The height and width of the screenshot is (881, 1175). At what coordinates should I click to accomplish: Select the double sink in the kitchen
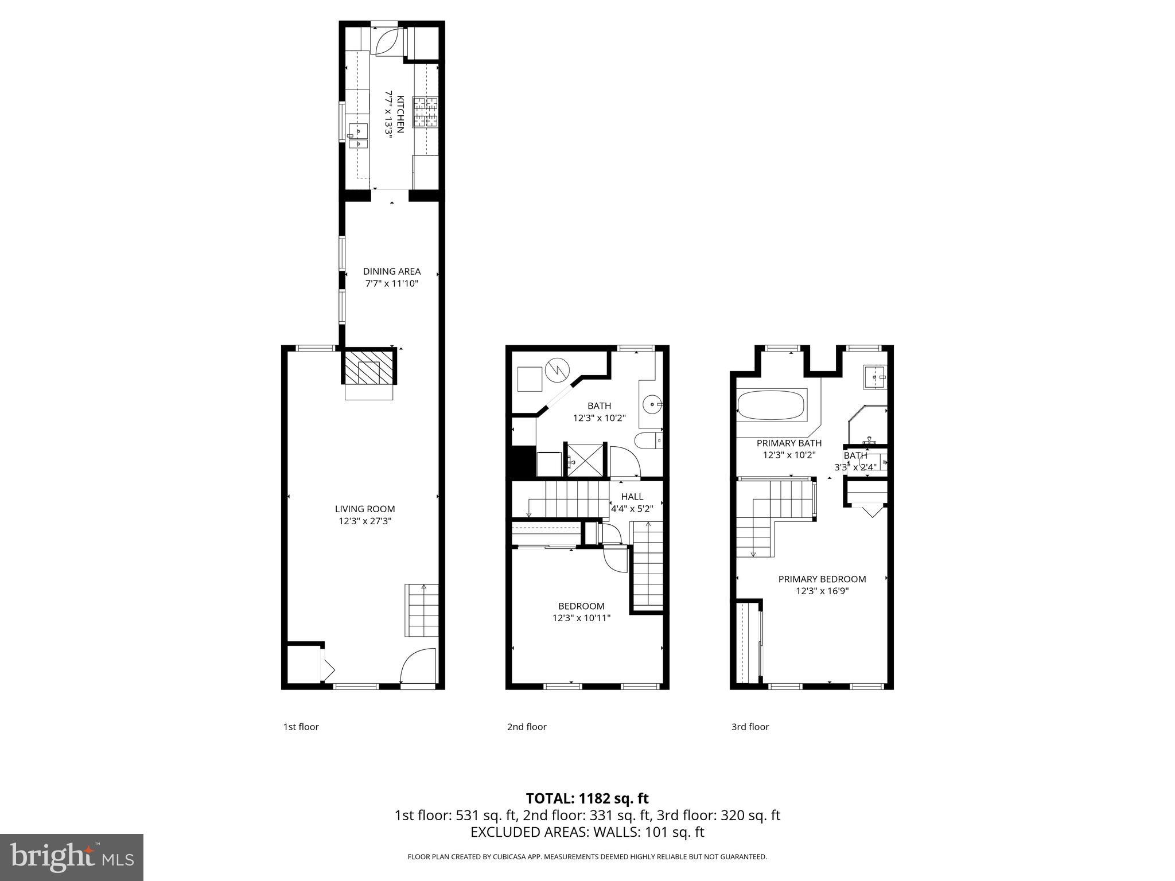[x=359, y=137]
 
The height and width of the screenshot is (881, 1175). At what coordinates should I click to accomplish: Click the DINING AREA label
[x=392, y=271]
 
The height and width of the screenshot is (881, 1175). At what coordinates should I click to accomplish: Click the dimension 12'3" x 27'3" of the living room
[x=365, y=521]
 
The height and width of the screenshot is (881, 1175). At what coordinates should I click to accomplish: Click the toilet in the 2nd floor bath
[x=648, y=440]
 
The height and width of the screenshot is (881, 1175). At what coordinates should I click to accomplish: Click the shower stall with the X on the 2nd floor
[x=585, y=459]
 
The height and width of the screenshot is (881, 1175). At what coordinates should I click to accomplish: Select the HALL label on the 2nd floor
[x=632, y=497]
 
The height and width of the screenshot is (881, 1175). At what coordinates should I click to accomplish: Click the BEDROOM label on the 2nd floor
[x=581, y=606]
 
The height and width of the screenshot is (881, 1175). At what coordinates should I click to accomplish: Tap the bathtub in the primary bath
[x=772, y=406]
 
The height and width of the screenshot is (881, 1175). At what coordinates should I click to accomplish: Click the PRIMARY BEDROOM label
[x=822, y=579]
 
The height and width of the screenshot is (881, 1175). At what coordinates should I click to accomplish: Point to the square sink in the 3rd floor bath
[x=875, y=377]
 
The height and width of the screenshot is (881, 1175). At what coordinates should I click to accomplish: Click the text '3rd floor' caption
[x=749, y=727]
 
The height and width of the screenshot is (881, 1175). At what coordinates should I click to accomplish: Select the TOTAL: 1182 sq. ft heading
[x=587, y=798]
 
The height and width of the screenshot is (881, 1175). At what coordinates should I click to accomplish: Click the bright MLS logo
[x=72, y=857]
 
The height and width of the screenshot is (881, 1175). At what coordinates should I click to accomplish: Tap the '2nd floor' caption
[x=526, y=727]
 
